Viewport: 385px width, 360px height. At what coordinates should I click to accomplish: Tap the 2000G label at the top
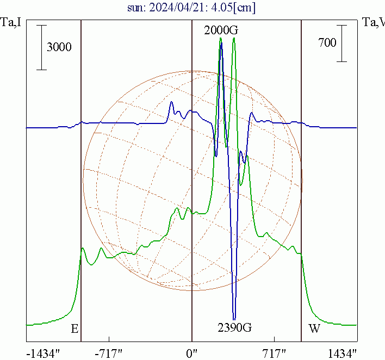[x=220, y=30]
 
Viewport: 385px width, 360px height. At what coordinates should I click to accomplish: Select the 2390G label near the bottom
[x=234, y=328]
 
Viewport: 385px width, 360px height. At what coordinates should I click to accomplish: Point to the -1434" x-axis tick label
[x=42, y=353]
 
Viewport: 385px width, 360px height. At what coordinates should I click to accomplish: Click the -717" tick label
[x=109, y=353]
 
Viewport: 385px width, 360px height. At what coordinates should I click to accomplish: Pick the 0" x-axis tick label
[x=192, y=353]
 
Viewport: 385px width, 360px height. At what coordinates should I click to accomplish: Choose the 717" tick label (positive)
[x=275, y=353]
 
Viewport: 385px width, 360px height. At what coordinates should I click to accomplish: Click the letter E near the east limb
[x=75, y=329]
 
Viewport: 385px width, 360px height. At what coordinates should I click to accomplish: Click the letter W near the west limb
[x=314, y=329]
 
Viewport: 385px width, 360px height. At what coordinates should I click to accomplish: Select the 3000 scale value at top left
[x=59, y=47]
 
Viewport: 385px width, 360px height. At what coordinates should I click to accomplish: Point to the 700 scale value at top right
[x=327, y=43]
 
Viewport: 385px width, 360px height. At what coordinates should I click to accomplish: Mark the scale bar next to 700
[x=342, y=43]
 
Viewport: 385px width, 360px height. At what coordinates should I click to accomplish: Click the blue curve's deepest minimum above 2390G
[x=234, y=319]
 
